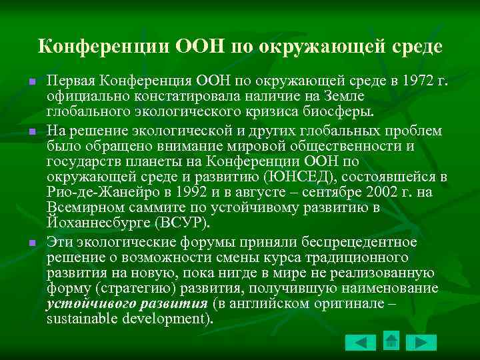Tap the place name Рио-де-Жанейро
pyautogui.click(x=96, y=193)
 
